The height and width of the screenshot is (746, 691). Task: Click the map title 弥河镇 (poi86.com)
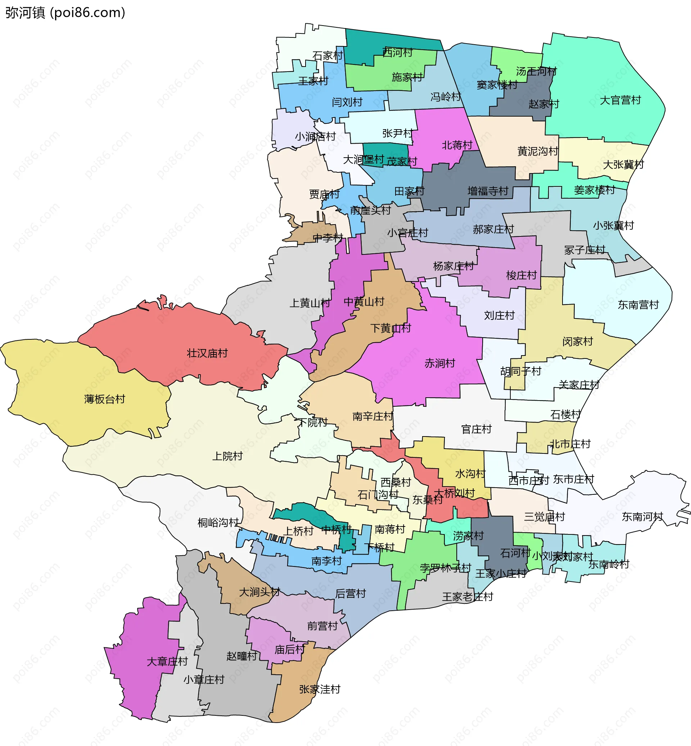pos(65,13)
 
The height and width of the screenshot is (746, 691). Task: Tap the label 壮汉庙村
pos(207,353)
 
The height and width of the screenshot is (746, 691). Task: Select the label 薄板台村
pos(104,399)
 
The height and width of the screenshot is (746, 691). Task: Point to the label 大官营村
pos(620,100)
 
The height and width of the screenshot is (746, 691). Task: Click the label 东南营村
pos(638,305)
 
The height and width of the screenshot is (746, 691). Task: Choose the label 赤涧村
pos(440,363)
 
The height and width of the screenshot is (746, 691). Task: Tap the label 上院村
pos(227,456)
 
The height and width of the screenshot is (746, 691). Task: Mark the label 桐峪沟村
pos(218,523)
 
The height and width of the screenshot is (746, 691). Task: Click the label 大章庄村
pos(167,661)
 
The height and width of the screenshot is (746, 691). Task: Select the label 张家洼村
pos(320,689)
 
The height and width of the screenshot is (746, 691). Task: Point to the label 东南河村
pos(642,517)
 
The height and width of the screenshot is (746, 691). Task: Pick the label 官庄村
pos(476,429)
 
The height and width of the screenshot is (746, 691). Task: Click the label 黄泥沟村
pos(538,151)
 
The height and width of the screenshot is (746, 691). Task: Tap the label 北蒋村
pos(457,145)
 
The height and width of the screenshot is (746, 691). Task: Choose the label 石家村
pos(328,56)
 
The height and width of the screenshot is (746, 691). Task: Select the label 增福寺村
pos(488,191)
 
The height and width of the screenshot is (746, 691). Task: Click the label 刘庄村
pos(499,315)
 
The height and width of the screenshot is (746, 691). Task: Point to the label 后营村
pos(351,593)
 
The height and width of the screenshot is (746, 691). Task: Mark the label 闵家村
pos(577,342)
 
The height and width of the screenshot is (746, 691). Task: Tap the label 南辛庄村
pos(372,416)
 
